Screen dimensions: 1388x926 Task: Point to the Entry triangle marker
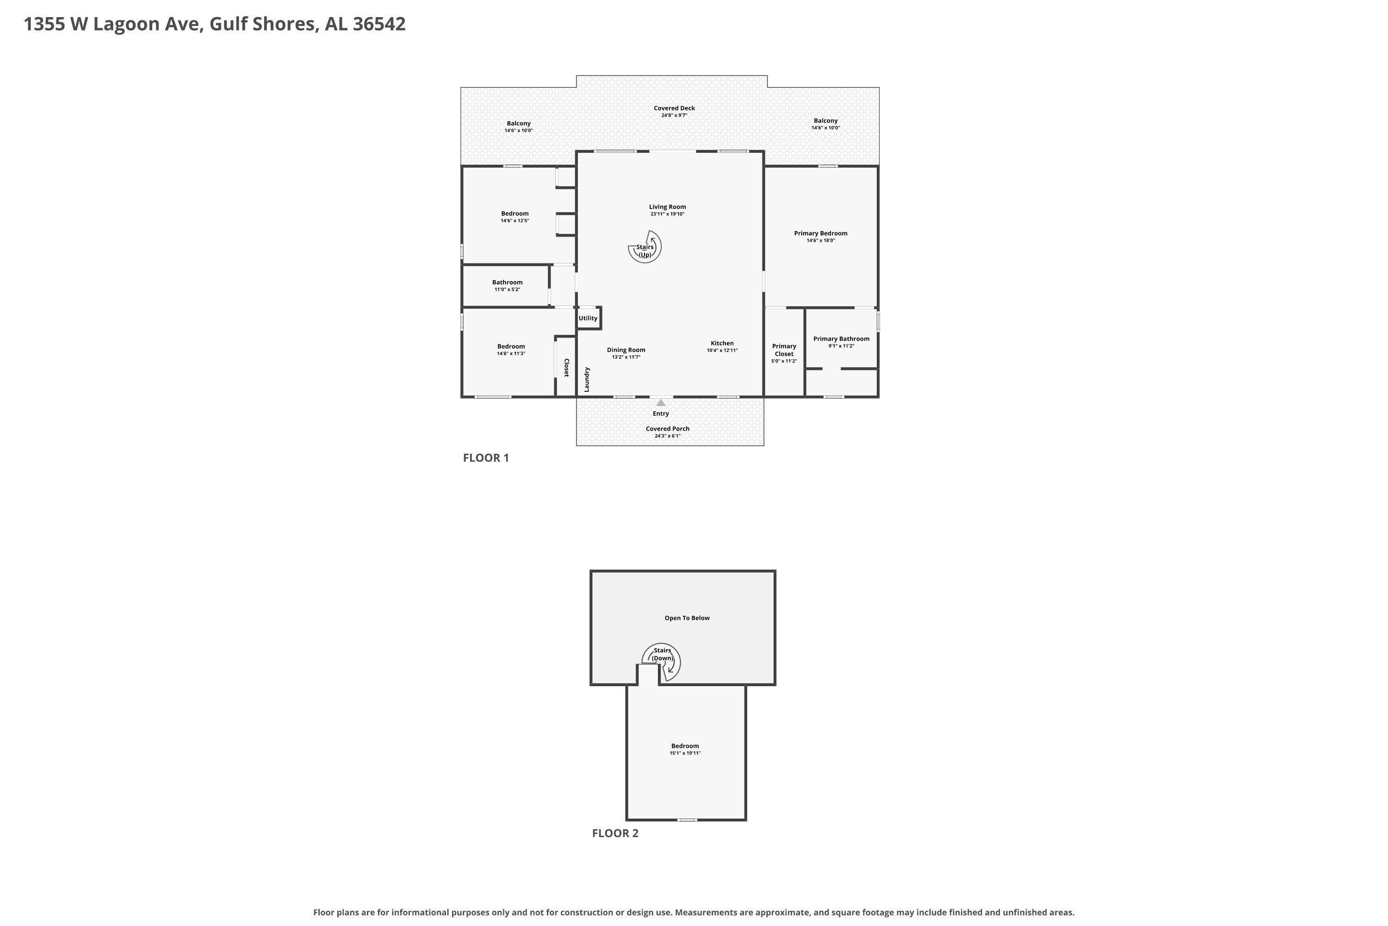(661, 403)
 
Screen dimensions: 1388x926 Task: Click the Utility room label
(588, 319)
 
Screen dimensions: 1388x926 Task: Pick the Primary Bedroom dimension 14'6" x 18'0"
(821, 240)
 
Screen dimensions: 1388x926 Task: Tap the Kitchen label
(722, 343)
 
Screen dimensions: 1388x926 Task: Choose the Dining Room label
(626, 350)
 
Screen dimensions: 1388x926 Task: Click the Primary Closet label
(784, 350)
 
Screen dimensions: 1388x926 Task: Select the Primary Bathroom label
(842, 339)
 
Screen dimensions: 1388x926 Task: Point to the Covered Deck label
(675, 108)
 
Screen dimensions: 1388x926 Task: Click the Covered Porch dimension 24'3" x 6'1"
(668, 436)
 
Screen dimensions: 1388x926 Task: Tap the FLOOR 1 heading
(486, 458)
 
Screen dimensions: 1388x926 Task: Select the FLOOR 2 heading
(615, 833)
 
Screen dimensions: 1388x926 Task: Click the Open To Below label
(688, 618)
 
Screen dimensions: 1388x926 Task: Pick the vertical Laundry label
(587, 380)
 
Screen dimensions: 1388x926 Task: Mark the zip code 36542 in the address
(379, 24)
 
